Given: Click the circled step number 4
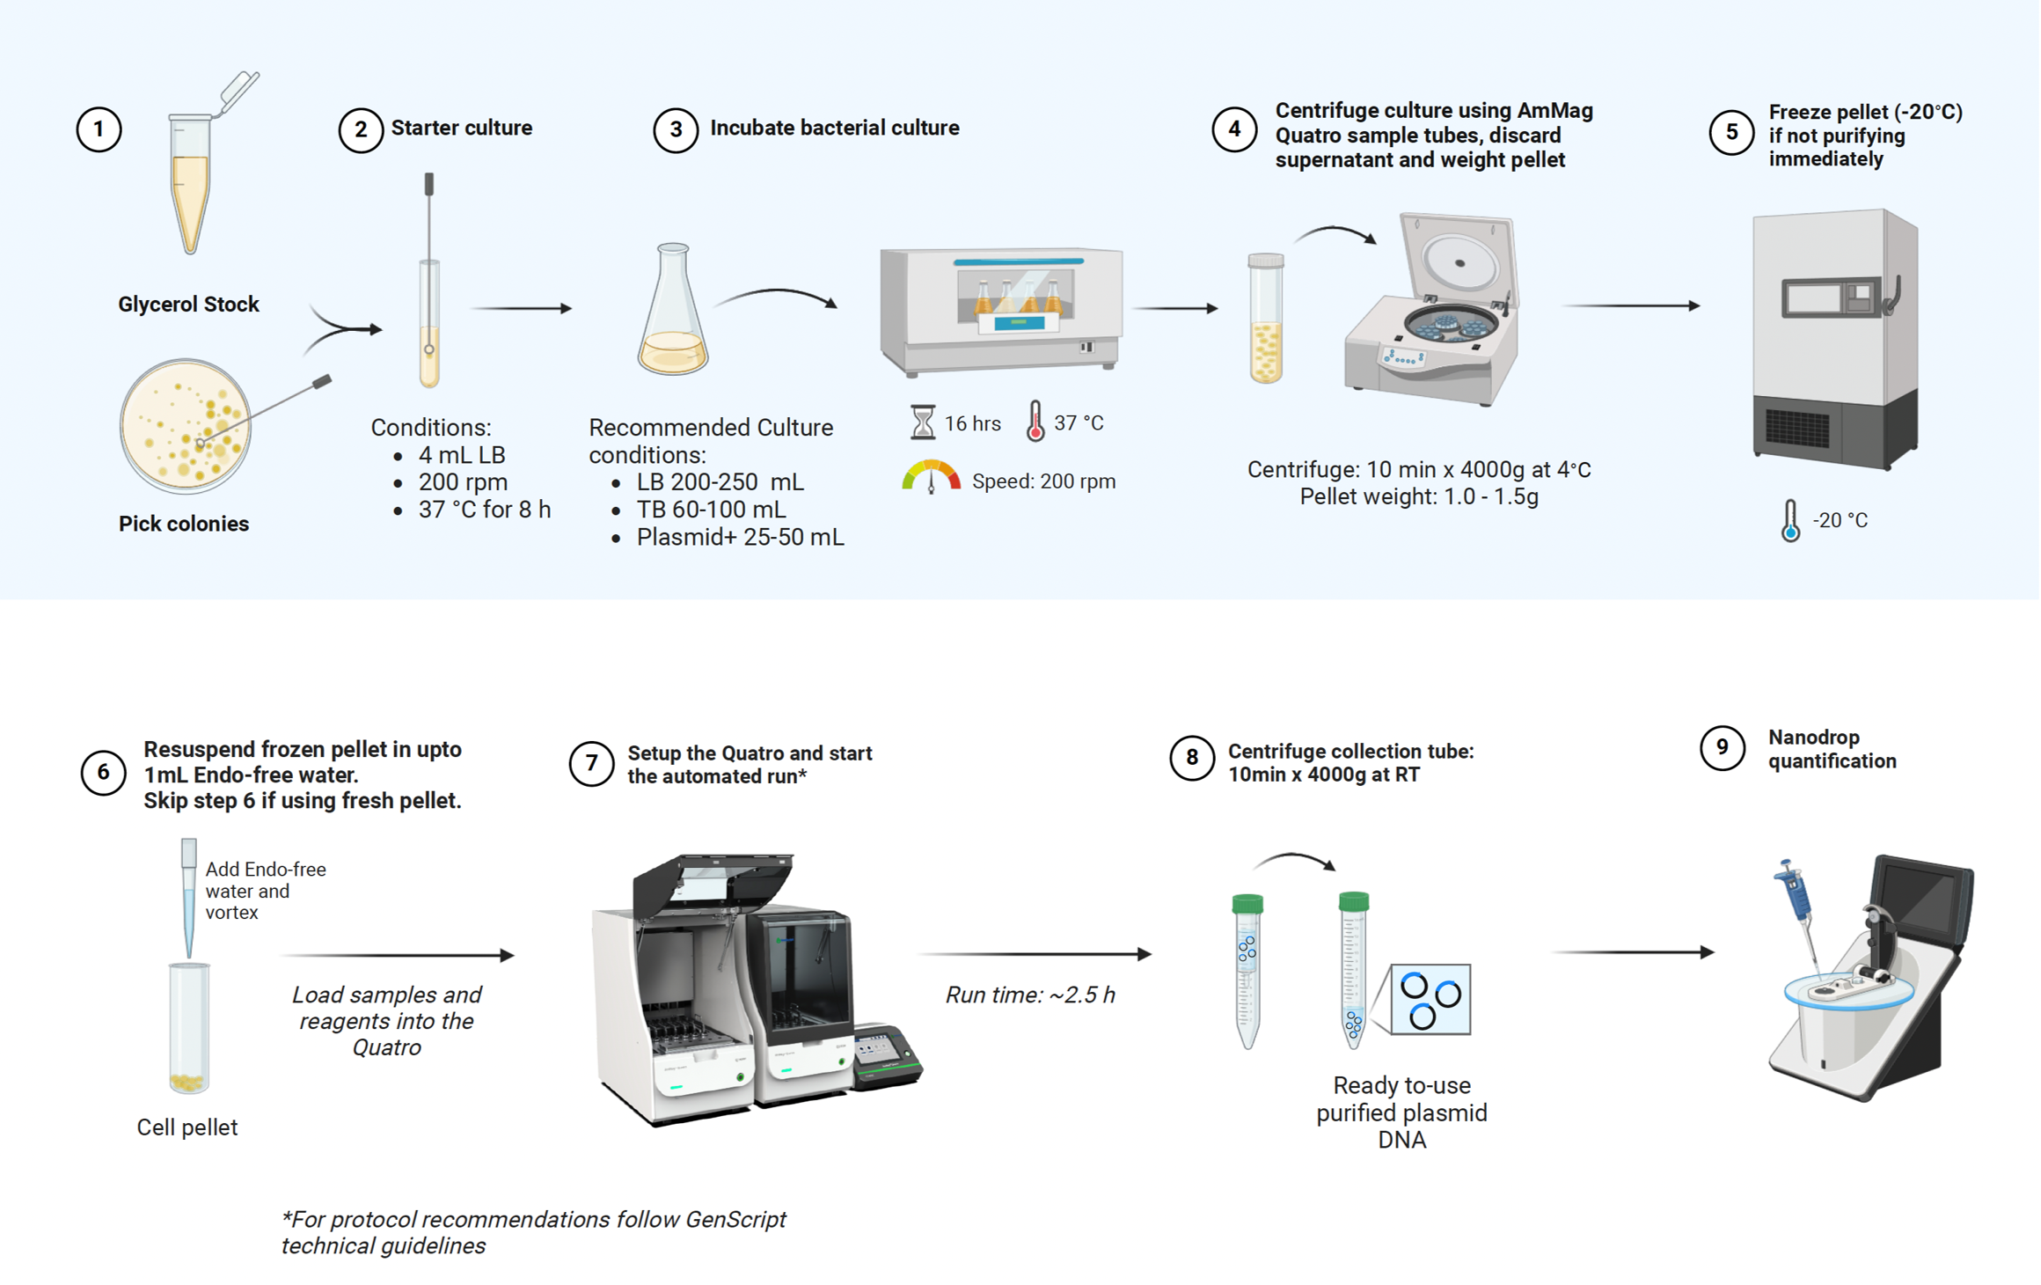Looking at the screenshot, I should (x=1234, y=129).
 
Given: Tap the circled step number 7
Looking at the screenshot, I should (x=591, y=764).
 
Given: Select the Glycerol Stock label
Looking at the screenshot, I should (x=188, y=305).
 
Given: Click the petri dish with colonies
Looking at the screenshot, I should (x=186, y=425).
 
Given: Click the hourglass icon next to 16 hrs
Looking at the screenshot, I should (x=922, y=422).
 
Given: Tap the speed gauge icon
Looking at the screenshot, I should (x=931, y=476).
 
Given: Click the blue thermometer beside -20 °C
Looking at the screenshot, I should (x=1790, y=520).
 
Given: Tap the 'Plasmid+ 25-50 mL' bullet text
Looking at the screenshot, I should (x=740, y=537).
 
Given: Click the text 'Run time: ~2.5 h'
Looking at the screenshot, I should (x=1030, y=995).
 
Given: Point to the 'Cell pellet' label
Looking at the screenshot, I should (x=187, y=1127).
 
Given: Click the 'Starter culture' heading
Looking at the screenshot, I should (x=462, y=128).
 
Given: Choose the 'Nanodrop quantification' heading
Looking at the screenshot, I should (x=1833, y=749).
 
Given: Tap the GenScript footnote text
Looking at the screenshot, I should (x=533, y=1232).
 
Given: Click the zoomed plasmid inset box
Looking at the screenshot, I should (x=1430, y=999).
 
